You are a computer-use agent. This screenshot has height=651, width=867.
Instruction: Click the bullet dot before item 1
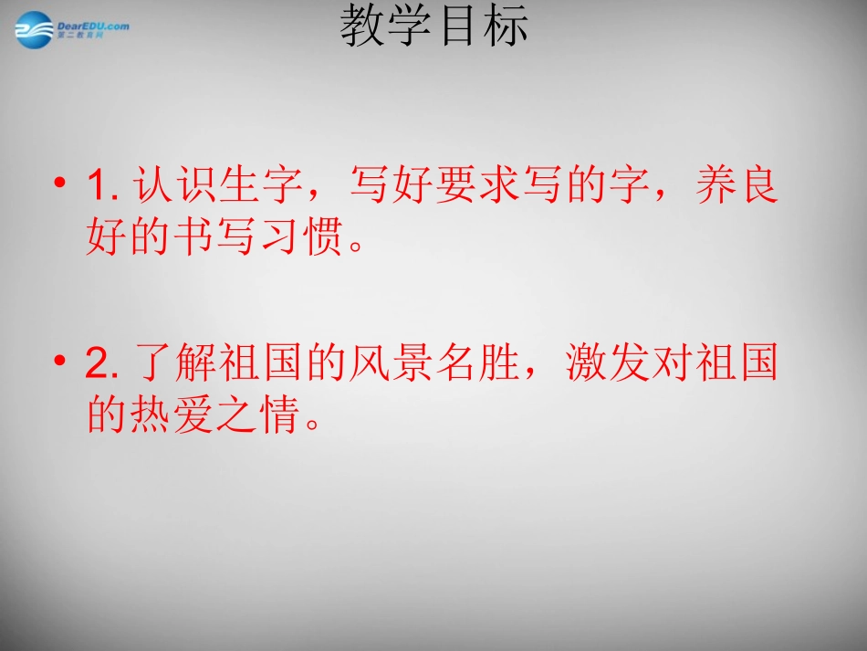tap(61, 185)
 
